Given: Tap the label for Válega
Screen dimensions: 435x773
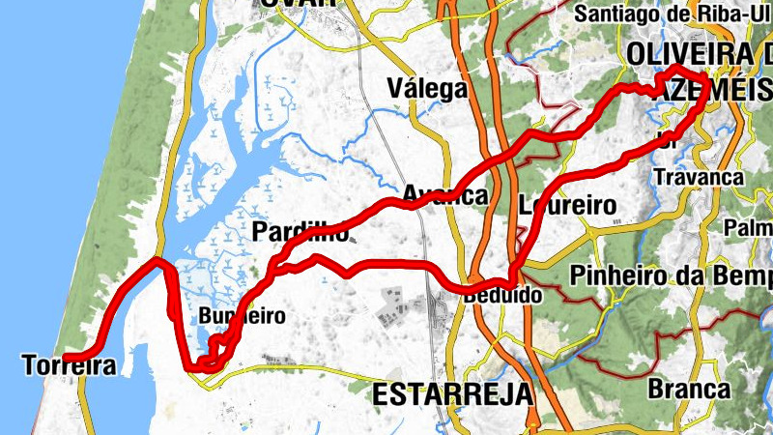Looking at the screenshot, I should (426, 89).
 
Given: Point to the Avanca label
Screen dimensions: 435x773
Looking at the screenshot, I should (444, 195).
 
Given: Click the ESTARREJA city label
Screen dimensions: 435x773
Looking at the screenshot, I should (452, 393).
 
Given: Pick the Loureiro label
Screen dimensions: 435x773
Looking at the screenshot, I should (567, 205).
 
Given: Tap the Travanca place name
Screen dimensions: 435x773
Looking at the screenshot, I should (699, 178).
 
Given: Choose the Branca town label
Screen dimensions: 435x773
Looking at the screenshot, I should (689, 389).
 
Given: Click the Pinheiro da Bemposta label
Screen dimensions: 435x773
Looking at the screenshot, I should (671, 275).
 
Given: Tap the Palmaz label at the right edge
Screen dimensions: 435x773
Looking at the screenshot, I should (749, 228).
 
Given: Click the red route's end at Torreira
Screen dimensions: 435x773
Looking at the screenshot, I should (66, 359).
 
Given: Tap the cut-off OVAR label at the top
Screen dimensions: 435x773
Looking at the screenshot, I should (297, 3).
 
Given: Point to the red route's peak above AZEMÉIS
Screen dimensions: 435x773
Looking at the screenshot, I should (676, 69).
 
